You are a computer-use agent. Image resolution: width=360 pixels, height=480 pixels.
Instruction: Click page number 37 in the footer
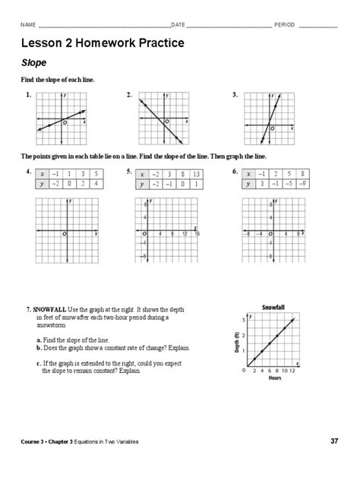[334, 441]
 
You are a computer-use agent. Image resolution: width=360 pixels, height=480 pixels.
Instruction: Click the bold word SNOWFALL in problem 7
[49, 311]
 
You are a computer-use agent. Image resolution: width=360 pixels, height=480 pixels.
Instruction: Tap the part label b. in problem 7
[39, 347]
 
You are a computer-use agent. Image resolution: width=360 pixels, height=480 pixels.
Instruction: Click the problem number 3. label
[235, 96]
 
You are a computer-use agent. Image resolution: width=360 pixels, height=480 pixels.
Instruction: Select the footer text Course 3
[36, 441]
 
